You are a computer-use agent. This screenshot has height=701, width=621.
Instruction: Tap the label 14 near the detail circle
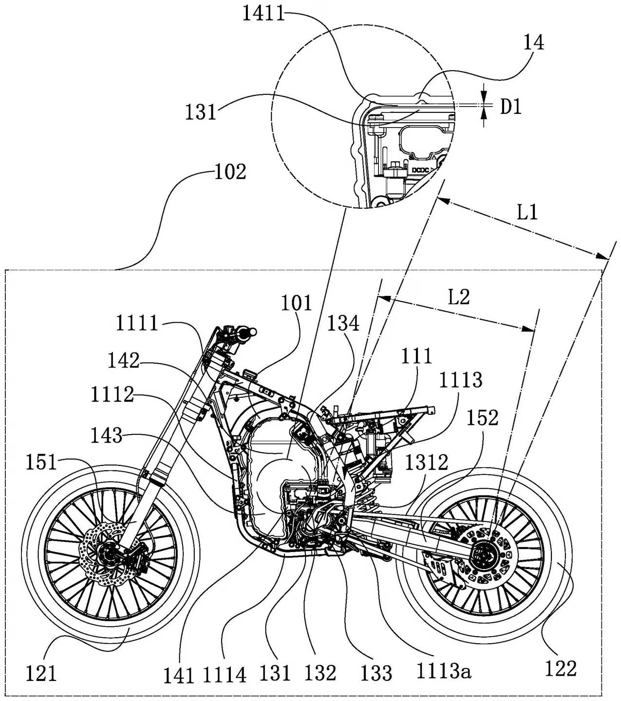tap(533, 43)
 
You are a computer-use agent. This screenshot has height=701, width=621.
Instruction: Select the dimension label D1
tap(511, 107)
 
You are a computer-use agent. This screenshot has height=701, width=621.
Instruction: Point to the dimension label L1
tap(527, 212)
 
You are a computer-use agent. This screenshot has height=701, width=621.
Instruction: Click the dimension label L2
tap(458, 296)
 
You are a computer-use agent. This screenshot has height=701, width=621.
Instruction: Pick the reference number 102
tap(230, 172)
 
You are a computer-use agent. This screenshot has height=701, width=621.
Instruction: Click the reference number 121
tap(41, 673)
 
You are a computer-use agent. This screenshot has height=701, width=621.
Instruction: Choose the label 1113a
tap(444, 672)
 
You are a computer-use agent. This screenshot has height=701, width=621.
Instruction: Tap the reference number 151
tap(41, 462)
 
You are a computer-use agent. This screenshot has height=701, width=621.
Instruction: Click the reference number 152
tap(482, 418)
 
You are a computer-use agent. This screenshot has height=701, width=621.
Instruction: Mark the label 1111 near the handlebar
tap(137, 323)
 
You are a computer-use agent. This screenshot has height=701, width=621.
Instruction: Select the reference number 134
tap(343, 323)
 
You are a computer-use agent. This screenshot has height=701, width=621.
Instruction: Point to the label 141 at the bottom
tap(180, 676)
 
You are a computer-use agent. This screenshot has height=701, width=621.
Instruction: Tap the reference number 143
tap(106, 435)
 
